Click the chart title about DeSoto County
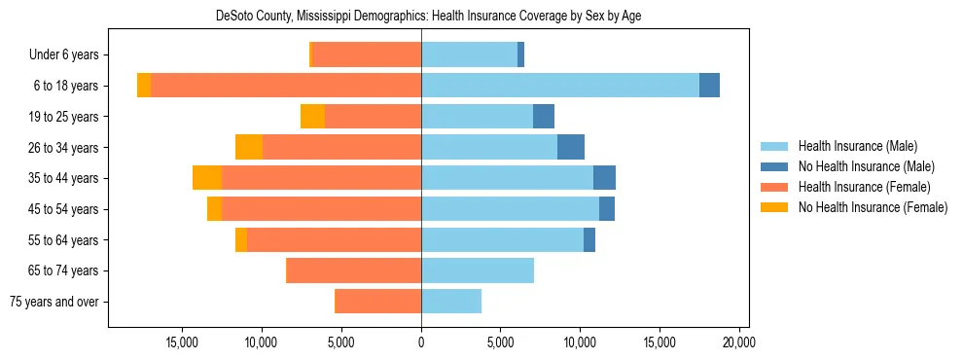[428, 17]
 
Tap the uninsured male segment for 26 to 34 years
[571, 147]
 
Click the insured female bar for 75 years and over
[377, 302]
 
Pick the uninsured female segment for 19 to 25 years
[312, 117]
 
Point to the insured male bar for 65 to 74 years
[477, 270]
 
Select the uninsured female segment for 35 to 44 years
[207, 178]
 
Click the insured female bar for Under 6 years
[367, 54]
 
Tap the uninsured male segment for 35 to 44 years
[604, 178]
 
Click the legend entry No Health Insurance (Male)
[866, 166]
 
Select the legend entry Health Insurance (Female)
[864, 187]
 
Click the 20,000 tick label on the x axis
[739, 342]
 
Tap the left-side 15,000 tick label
[183, 342]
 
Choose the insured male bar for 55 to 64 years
[502, 239]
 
